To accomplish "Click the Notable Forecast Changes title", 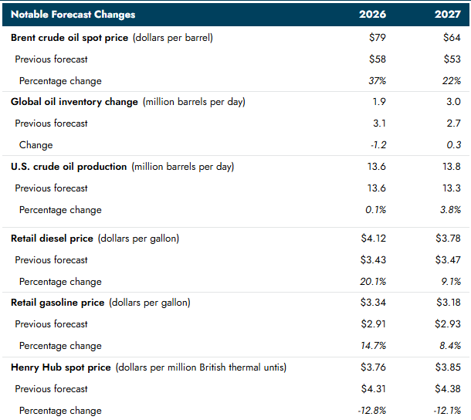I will click(x=73, y=15).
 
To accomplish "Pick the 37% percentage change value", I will click(x=376, y=81).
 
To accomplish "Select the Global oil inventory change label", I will click(x=74, y=102).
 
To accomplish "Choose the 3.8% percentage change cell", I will click(x=449, y=210).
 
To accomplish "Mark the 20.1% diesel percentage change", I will click(x=374, y=282).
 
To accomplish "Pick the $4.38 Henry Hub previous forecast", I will click(x=448, y=389).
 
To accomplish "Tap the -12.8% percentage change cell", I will click(x=371, y=411).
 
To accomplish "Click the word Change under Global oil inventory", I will click(x=36, y=145).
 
